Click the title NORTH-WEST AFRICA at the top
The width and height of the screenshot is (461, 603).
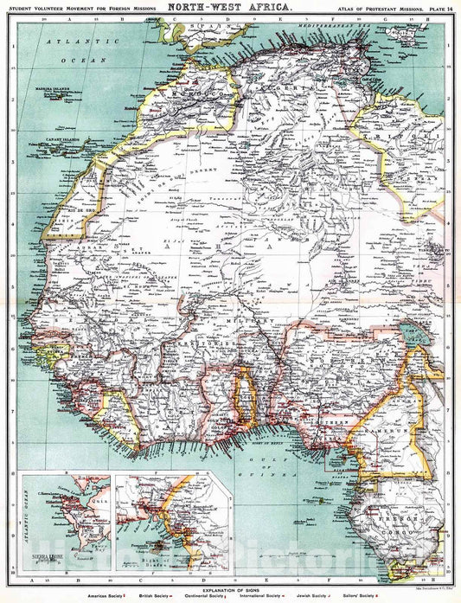[229, 6]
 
